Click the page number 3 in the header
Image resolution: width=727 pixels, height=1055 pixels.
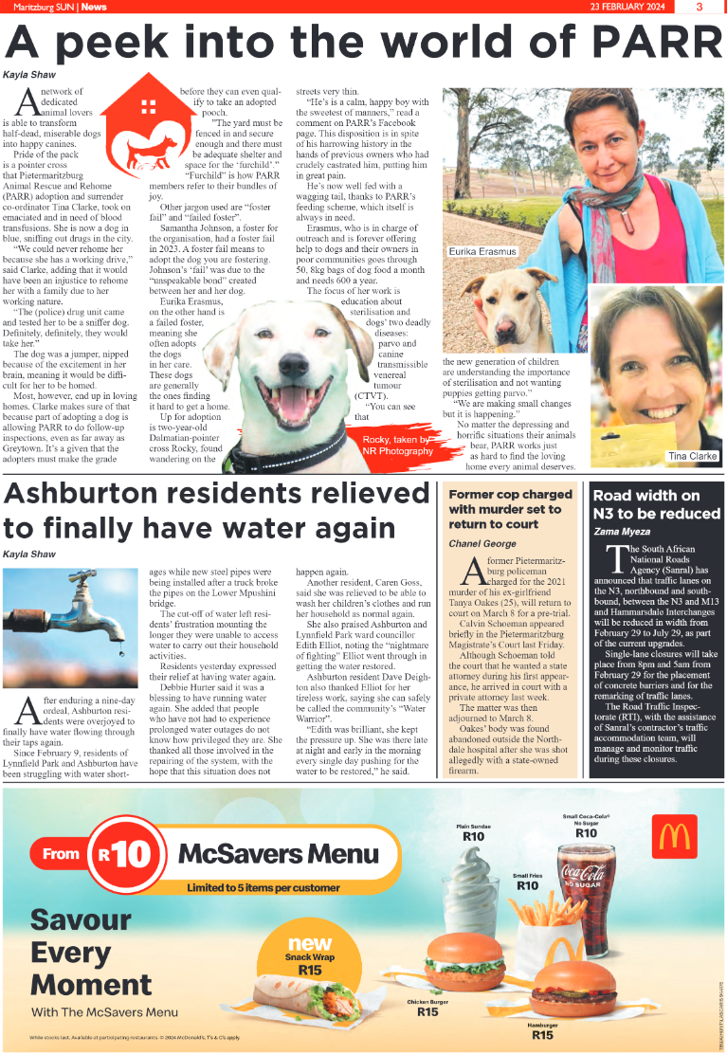click(699, 7)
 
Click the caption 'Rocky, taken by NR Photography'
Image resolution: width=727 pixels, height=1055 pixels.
click(396, 446)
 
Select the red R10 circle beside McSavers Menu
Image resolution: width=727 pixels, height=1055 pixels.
click(123, 854)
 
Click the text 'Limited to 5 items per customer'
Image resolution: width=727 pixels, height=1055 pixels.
click(263, 888)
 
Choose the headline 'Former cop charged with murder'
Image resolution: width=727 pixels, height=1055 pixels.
click(511, 508)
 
